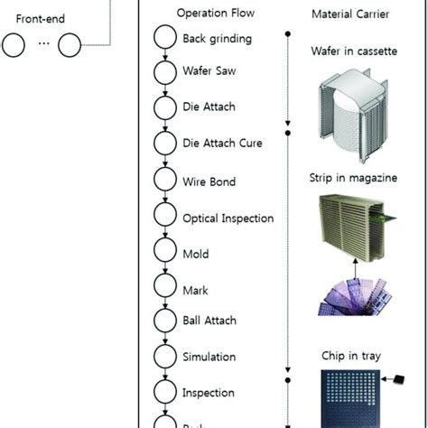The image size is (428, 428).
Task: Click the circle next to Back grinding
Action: [165, 38]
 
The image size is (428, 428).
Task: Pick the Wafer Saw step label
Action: [209, 71]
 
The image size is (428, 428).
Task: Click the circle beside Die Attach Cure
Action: [165, 143]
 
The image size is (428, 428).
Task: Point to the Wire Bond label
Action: [209, 182]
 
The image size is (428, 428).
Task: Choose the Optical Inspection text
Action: [228, 219]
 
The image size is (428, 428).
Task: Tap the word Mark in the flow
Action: [195, 291]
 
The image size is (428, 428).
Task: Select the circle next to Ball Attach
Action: [165, 320]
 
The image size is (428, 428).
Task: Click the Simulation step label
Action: [209, 358]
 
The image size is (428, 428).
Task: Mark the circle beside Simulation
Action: [165, 357]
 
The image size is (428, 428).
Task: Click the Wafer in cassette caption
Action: [353, 51]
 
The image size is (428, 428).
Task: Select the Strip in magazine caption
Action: [353, 178]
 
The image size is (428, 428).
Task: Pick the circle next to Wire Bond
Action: [165, 180]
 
